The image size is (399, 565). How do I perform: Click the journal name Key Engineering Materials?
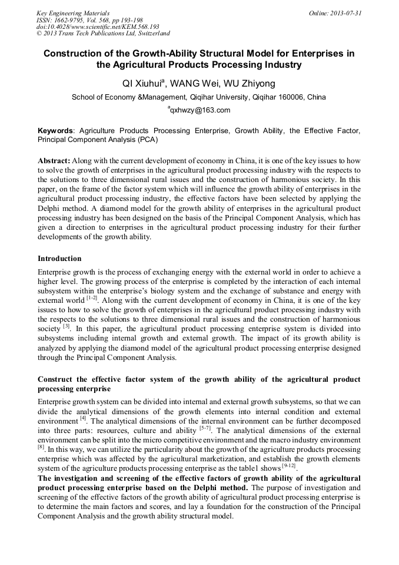click(x=73, y=13)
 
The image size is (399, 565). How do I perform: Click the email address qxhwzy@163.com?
click(x=200, y=110)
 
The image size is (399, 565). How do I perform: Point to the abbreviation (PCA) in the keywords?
click(x=147, y=140)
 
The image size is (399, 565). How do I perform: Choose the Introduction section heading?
click(x=59, y=259)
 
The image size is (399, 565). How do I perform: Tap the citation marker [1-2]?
click(x=92, y=298)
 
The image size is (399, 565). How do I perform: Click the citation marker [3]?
click(x=66, y=326)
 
